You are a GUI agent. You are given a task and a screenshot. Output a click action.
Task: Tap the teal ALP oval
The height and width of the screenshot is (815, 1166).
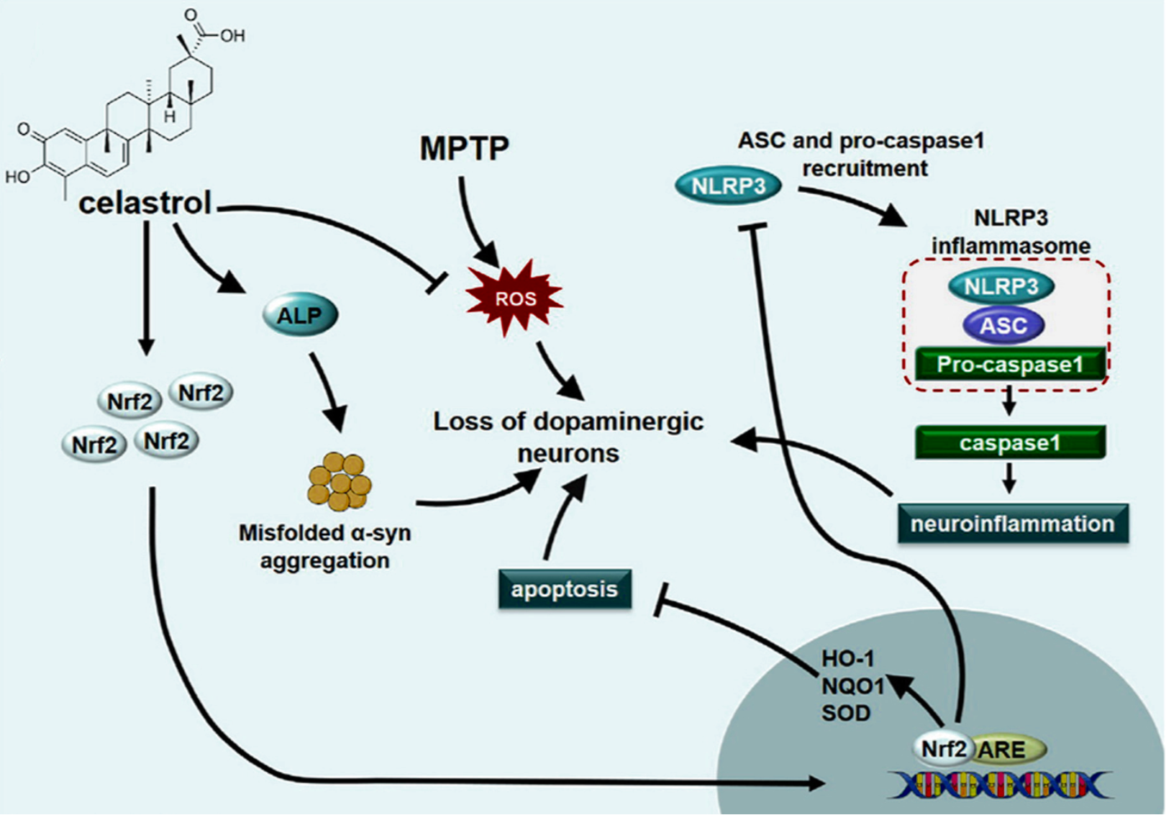(301, 315)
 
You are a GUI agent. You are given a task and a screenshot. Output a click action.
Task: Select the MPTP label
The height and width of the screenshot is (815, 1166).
(465, 147)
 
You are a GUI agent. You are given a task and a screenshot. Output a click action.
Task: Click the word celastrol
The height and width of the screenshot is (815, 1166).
(145, 203)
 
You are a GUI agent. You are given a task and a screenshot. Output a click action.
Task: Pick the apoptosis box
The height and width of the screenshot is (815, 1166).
(565, 589)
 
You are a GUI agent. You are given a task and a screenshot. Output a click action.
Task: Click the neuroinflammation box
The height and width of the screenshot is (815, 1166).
(1013, 524)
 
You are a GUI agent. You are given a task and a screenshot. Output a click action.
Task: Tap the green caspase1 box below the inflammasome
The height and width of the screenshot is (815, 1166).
(1010, 443)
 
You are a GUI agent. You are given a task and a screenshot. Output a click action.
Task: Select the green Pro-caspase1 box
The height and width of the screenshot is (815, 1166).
(1010, 364)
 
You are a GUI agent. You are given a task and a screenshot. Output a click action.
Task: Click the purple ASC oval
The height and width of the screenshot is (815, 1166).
(1003, 326)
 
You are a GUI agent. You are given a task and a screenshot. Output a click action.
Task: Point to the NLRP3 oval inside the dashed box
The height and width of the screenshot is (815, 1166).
(1001, 286)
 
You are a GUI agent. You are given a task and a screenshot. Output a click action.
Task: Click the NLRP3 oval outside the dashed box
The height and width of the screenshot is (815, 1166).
(728, 186)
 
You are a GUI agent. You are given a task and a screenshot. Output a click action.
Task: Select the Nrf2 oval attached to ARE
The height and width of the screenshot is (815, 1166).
(943, 750)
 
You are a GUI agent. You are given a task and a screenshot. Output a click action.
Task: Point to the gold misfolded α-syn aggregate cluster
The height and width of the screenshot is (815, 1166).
(340, 480)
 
